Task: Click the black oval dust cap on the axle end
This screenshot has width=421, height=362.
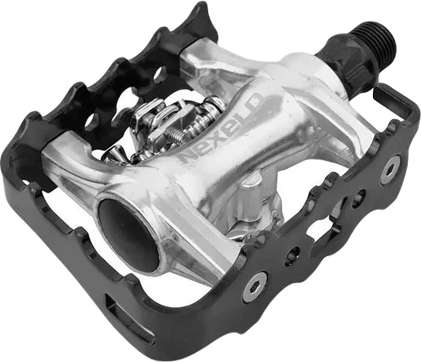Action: (x=129, y=236)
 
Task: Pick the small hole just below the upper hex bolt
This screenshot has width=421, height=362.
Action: (x=360, y=196)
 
